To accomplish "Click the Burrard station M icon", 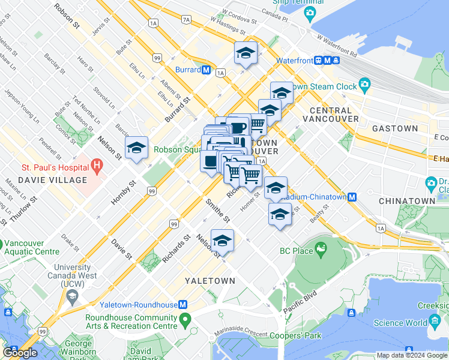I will pos(206,70).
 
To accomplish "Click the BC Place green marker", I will pos(321,247).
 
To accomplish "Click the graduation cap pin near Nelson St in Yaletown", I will pos(222,241).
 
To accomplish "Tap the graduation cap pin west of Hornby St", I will pos(136,148).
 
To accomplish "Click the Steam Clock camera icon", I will pos(364,84).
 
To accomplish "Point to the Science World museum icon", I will pos(434,323).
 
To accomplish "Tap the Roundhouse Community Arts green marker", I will pos(185,317).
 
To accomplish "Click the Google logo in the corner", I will pos(20,353).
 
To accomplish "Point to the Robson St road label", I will pos(67,17).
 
